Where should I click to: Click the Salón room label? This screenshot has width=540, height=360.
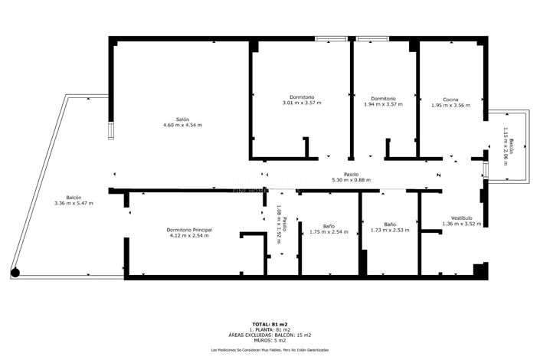(x=182, y=119)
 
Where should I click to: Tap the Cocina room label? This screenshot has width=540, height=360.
(x=450, y=99)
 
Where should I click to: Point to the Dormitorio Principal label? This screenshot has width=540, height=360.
(x=189, y=230)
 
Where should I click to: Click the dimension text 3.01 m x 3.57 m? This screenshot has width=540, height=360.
(x=302, y=103)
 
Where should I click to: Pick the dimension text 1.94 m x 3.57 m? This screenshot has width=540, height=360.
(x=383, y=103)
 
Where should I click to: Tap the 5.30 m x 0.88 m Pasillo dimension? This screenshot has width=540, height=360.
(x=351, y=180)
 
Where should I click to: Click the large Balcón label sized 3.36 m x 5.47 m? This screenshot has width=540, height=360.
(x=74, y=197)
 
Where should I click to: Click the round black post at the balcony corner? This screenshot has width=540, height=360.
(x=15, y=271)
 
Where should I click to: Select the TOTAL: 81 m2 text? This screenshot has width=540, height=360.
(x=270, y=324)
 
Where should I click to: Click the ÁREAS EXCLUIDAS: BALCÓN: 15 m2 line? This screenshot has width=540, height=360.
(x=270, y=335)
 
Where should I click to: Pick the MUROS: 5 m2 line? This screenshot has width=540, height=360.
(x=270, y=340)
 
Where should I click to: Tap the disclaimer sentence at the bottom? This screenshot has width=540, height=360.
(x=270, y=350)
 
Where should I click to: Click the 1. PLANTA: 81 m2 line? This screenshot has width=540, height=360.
(x=270, y=329)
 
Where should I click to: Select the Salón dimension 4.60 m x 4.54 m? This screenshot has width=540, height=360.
(x=182, y=125)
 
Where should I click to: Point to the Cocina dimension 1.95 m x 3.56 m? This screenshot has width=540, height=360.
(x=450, y=105)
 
